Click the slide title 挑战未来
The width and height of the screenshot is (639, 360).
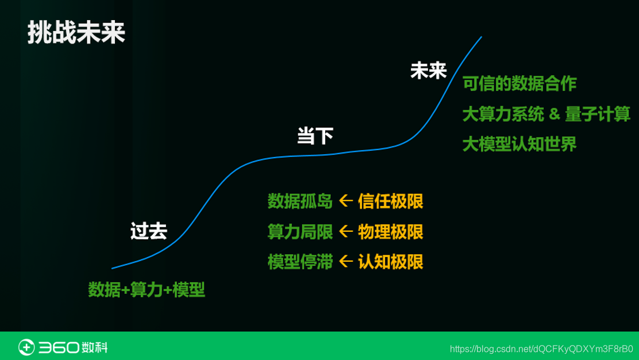[x=76, y=33]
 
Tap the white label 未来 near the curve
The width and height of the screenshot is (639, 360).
[x=428, y=71]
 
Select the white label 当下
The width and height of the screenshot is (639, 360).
[x=315, y=136]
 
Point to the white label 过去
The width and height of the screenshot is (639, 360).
[x=148, y=231]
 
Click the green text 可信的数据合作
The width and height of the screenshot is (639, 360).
[x=519, y=84]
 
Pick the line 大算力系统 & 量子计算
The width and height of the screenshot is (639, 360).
[x=546, y=114]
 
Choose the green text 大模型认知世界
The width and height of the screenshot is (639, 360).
[x=519, y=144]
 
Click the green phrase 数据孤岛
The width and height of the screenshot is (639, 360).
[x=300, y=201]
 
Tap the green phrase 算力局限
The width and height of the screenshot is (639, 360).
[x=300, y=232]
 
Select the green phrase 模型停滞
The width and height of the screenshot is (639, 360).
[x=300, y=262]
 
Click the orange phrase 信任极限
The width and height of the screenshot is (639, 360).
[x=390, y=201]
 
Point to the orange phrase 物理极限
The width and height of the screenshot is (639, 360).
[x=390, y=232]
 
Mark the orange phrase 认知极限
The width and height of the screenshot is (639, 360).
[x=390, y=262]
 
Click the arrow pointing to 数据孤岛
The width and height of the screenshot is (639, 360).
[x=345, y=201]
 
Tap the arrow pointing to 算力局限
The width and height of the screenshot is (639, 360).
[x=345, y=231]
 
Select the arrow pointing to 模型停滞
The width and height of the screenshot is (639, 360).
[x=345, y=261]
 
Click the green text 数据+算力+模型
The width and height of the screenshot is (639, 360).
[x=147, y=289]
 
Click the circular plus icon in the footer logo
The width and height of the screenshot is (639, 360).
[x=26, y=347]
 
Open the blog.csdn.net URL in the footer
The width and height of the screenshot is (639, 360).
[x=541, y=349]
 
